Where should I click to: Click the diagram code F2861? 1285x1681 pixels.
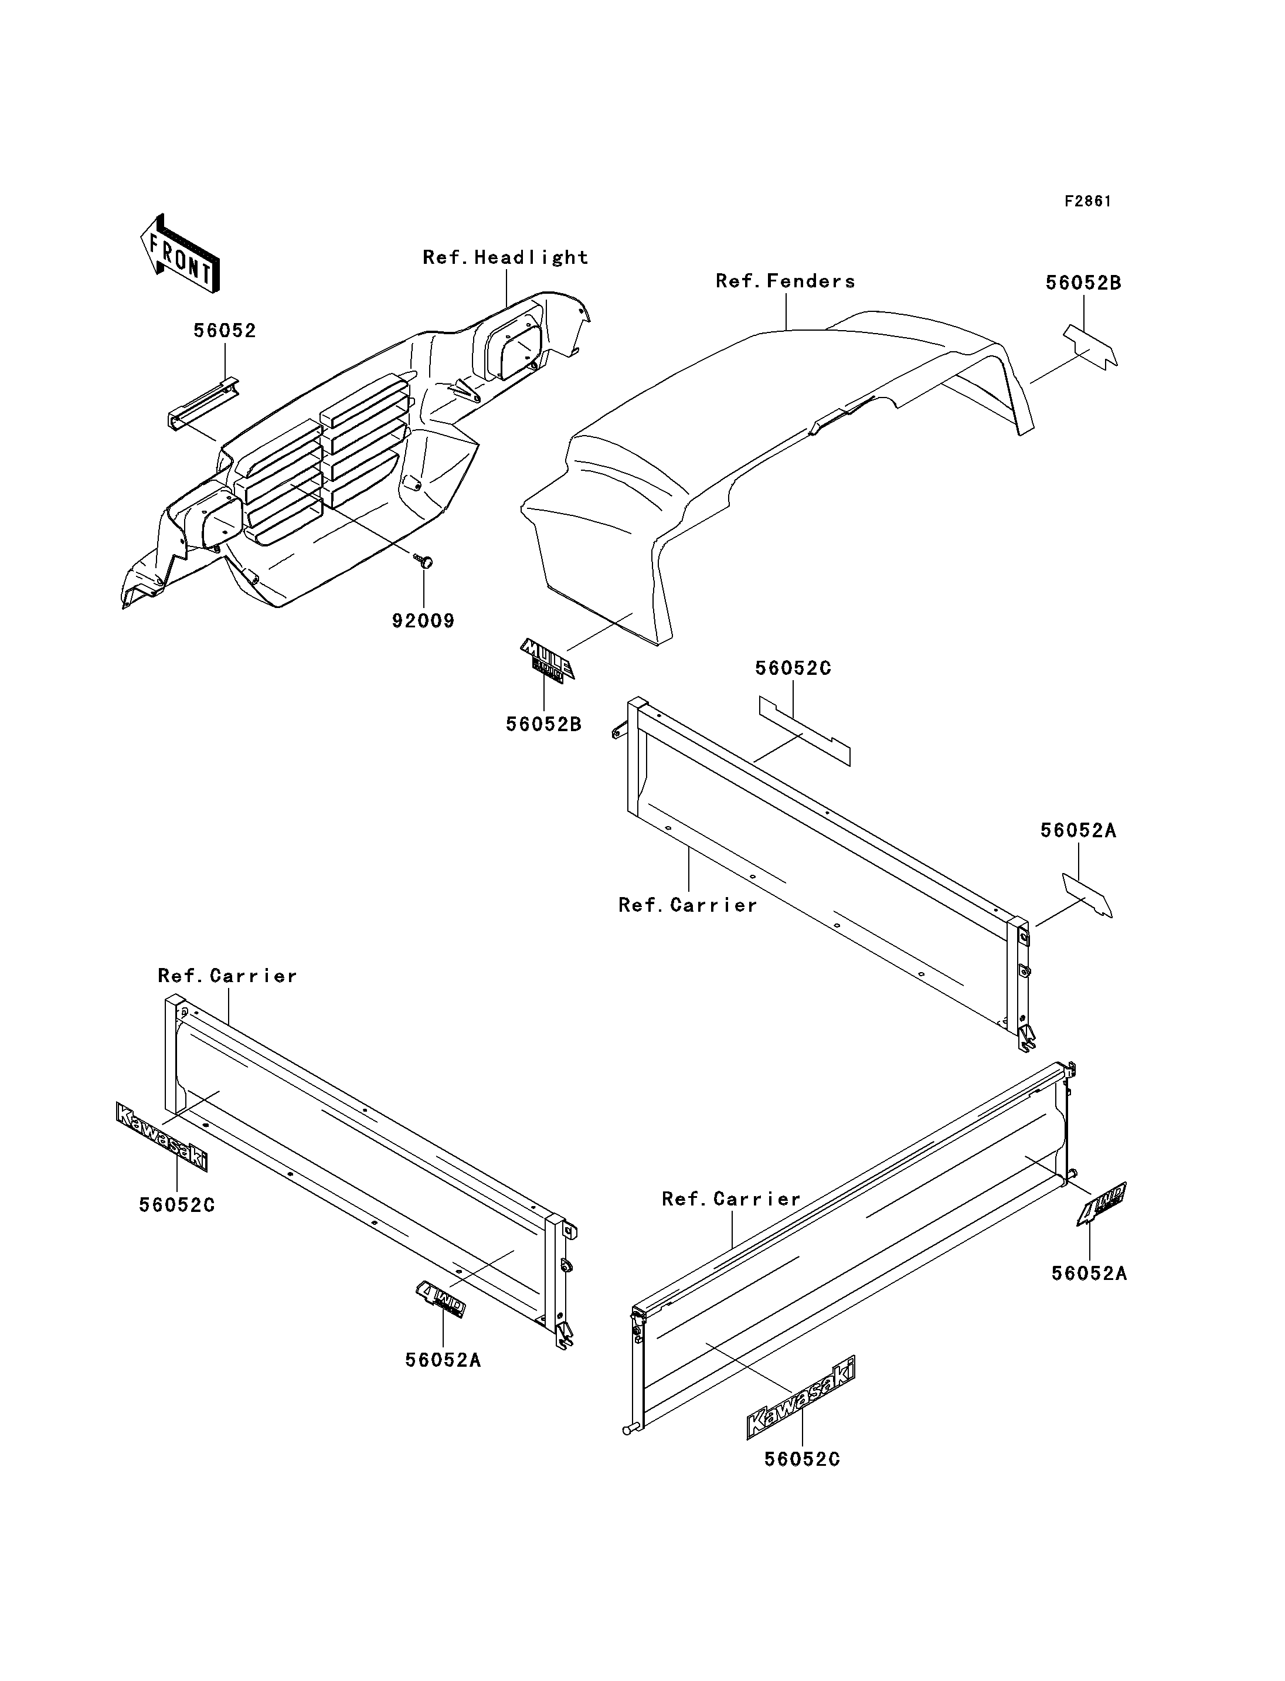tap(1087, 201)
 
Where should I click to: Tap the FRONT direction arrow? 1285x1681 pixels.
tap(181, 253)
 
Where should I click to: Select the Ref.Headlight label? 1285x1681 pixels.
tap(505, 258)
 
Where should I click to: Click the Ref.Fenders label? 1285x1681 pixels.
tap(786, 281)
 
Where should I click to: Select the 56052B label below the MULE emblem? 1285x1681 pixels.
tap(544, 724)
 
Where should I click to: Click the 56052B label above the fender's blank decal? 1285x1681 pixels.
tap(1083, 283)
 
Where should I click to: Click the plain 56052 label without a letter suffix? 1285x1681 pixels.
tap(225, 331)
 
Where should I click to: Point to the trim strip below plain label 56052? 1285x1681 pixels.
tap(203, 404)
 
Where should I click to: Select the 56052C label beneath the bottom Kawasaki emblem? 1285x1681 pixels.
tap(803, 1460)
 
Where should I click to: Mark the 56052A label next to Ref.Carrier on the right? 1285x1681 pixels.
tap(1079, 831)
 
